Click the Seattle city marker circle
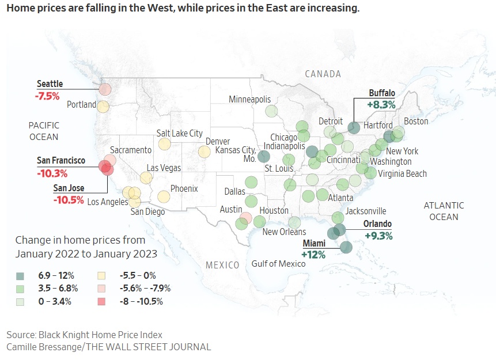pos(105,89)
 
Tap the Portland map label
pos(81,105)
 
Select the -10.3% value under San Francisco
pos(52,173)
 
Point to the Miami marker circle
pos(346,247)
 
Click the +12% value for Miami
pos(314,254)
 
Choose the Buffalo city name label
pos(382,93)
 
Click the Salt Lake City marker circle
pos(165,144)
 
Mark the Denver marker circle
pos(204,151)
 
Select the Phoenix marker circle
pos(164,196)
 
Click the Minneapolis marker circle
pos(271,111)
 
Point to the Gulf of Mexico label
pos(278,264)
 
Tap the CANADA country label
pos(323,74)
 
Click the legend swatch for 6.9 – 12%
pos(21,276)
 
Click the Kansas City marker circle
pos(264,156)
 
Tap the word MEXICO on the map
pos(222,265)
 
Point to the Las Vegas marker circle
pos(146,177)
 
